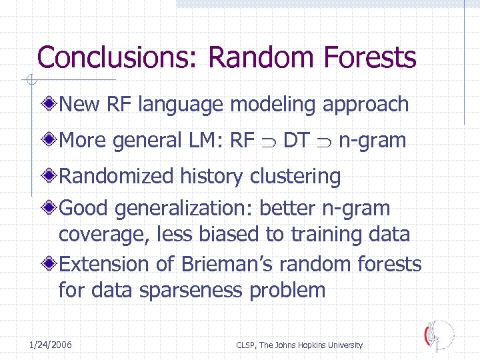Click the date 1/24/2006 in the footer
(x=51, y=345)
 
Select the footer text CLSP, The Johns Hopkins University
(x=299, y=345)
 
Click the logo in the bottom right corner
(x=439, y=336)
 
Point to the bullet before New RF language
(x=51, y=104)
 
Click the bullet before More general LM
(x=51, y=141)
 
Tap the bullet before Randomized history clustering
(x=51, y=177)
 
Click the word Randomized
(x=117, y=177)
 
